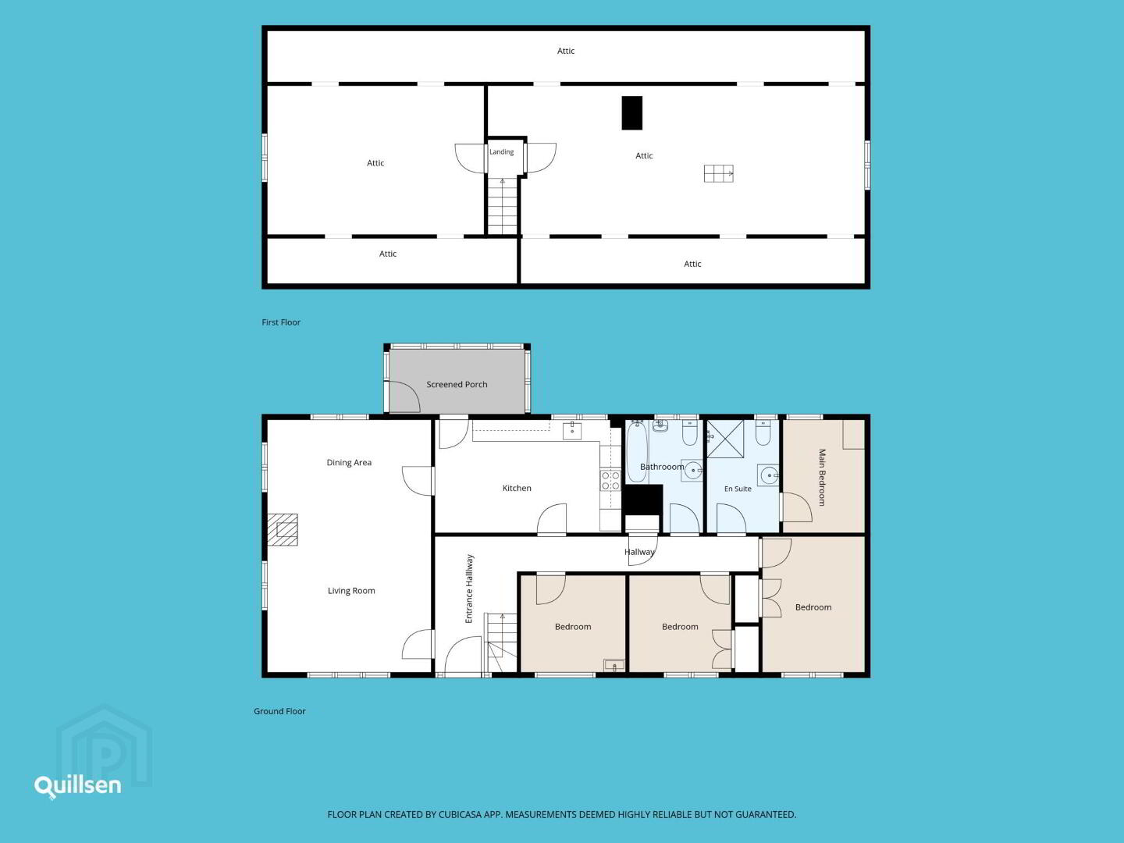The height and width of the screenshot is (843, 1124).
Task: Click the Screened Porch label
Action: click(457, 384)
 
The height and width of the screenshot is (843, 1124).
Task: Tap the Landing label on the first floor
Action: click(501, 152)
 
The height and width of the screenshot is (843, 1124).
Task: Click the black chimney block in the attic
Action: click(632, 113)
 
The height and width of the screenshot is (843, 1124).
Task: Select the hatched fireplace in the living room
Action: click(282, 530)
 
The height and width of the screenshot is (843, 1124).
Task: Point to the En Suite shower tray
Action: click(725, 439)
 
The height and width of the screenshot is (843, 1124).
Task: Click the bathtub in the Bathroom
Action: click(637, 451)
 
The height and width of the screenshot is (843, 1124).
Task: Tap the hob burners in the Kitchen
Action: click(610, 481)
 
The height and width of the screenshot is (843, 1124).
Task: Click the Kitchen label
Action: click(517, 489)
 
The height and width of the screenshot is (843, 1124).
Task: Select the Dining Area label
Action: click(349, 463)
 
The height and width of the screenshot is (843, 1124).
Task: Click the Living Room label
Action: click(351, 591)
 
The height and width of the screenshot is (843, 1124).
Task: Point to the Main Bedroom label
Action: click(823, 478)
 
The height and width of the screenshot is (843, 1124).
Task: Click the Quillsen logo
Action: click(78, 786)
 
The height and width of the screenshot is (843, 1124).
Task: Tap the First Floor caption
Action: click(281, 322)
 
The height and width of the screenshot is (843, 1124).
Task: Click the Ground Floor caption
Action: click(279, 711)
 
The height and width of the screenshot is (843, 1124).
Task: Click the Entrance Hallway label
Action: click(469, 589)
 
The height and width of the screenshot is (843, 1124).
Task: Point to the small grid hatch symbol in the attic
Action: click(718, 173)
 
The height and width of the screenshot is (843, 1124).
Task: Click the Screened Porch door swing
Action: click(404, 396)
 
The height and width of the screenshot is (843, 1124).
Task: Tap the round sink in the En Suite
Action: click(769, 475)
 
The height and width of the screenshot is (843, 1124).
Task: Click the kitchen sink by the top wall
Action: click(572, 431)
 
